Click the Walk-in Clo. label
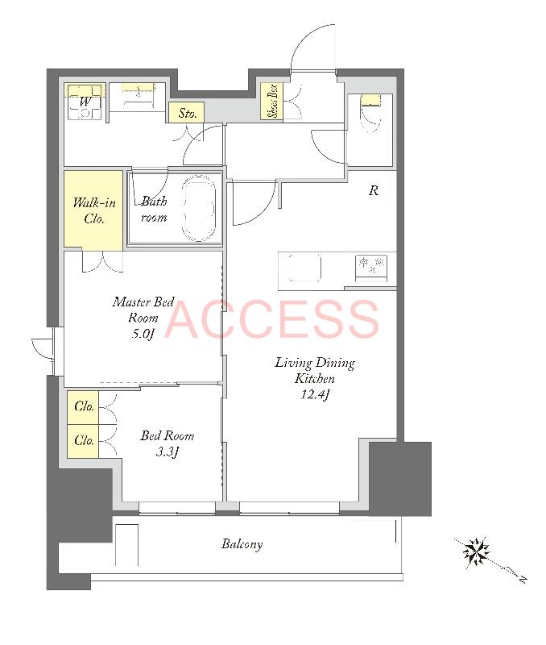(94, 210)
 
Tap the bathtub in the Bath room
(199, 210)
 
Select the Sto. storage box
(186, 112)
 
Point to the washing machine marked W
(85, 102)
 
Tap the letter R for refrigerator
(374, 190)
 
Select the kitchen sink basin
(304, 268)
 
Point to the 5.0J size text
(143, 333)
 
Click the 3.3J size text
(168, 452)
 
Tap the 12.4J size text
(315, 394)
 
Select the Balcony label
(242, 544)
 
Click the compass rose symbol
(476, 551)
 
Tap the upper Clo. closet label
(85, 406)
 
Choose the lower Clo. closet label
(85, 440)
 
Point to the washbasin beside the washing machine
(138, 97)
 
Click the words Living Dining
(315, 363)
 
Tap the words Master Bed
(143, 302)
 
